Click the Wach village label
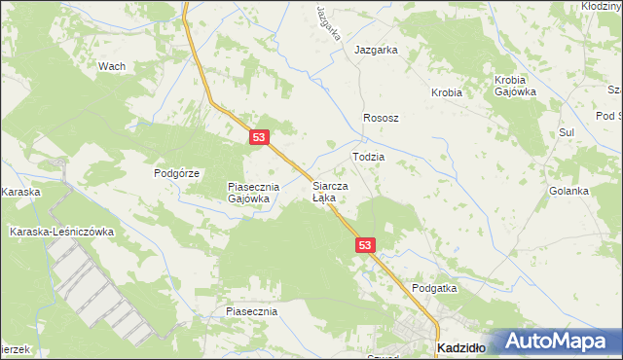click(x=112, y=66)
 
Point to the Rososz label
click(x=382, y=117)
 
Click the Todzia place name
click(x=368, y=156)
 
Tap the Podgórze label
click(x=176, y=173)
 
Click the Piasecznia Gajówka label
click(x=253, y=192)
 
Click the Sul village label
click(x=568, y=131)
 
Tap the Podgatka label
click(x=434, y=288)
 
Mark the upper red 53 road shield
click(x=258, y=138)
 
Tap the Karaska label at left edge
click(x=20, y=192)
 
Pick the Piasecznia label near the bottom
click(x=251, y=311)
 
